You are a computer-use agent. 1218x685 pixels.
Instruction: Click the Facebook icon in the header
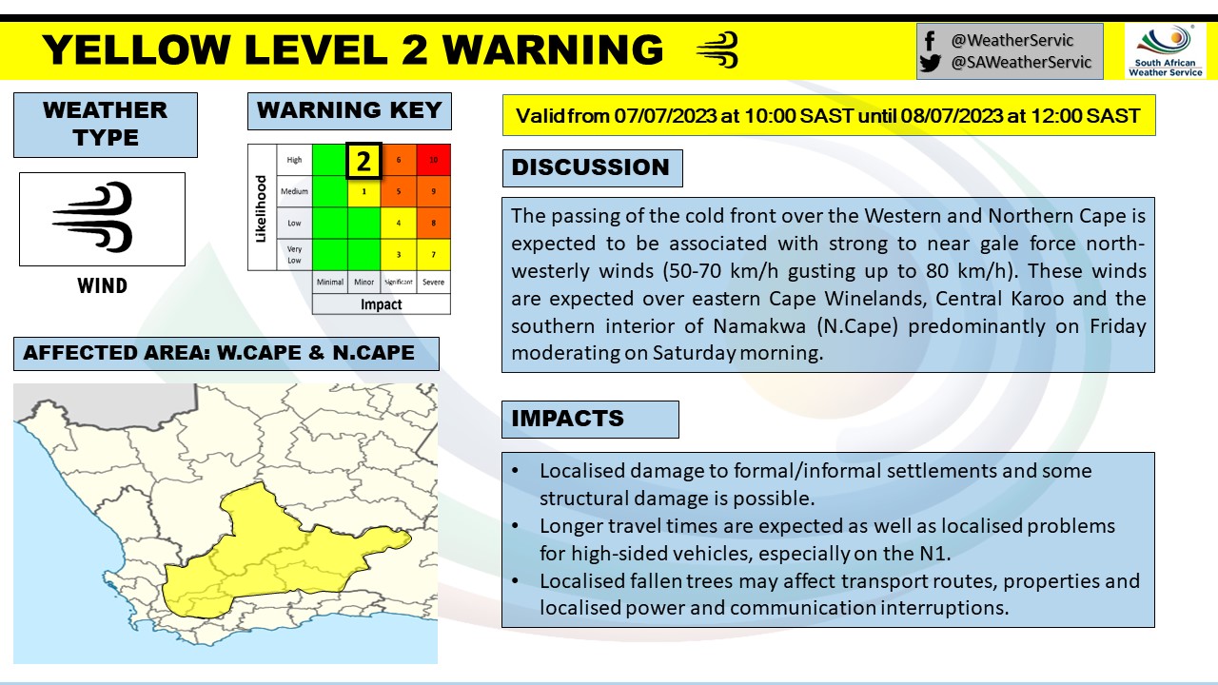coord(930,40)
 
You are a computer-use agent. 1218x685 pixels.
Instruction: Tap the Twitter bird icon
coord(931,64)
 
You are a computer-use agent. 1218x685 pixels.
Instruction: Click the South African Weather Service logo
coord(1165,50)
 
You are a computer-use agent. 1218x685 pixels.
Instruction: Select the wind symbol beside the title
coord(717,49)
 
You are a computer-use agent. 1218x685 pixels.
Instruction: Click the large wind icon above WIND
coord(95,218)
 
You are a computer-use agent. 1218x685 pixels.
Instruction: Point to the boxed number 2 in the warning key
coord(363,161)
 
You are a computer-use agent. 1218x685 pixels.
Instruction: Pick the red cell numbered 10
coord(433,160)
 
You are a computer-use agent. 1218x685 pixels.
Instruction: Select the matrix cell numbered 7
coord(433,254)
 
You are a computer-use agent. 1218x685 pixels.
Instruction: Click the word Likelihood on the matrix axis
coord(260,207)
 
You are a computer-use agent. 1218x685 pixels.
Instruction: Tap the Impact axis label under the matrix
coord(381,304)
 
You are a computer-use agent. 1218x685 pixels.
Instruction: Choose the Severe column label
coord(433,283)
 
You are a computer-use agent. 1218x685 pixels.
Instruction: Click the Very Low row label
coord(294,254)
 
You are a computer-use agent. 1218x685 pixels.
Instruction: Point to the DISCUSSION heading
coord(591,167)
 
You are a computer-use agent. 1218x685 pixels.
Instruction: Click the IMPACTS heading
coord(568,419)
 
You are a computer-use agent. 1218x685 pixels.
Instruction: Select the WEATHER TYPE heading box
coord(106,124)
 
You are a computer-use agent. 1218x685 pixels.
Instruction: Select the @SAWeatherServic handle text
coord(1022,64)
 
